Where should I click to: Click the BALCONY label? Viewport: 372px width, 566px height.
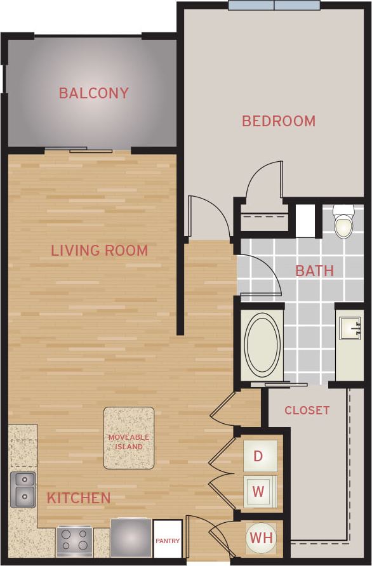click(x=93, y=93)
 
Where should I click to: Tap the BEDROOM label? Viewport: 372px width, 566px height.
click(x=279, y=121)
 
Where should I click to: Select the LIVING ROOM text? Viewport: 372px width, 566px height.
click(x=99, y=251)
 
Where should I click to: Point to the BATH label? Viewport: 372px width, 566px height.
click(x=314, y=271)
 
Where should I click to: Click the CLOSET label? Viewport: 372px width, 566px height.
click(x=307, y=411)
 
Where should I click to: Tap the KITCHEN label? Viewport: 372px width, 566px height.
click(x=79, y=498)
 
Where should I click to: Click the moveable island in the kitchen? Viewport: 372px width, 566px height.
click(x=129, y=438)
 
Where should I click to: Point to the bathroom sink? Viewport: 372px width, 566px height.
click(x=349, y=330)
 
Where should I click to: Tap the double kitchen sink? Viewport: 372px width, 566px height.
click(x=23, y=489)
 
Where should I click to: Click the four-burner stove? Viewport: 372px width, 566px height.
click(x=74, y=541)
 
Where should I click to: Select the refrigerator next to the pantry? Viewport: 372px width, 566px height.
click(x=131, y=538)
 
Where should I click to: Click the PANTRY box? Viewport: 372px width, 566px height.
click(x=168, y=540)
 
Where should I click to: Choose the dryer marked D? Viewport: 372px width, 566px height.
click(x=259, y=456)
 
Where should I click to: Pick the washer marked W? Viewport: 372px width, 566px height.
click(x=259, y=491)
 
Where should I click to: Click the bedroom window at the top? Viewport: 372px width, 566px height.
click(x=274, y=6)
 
